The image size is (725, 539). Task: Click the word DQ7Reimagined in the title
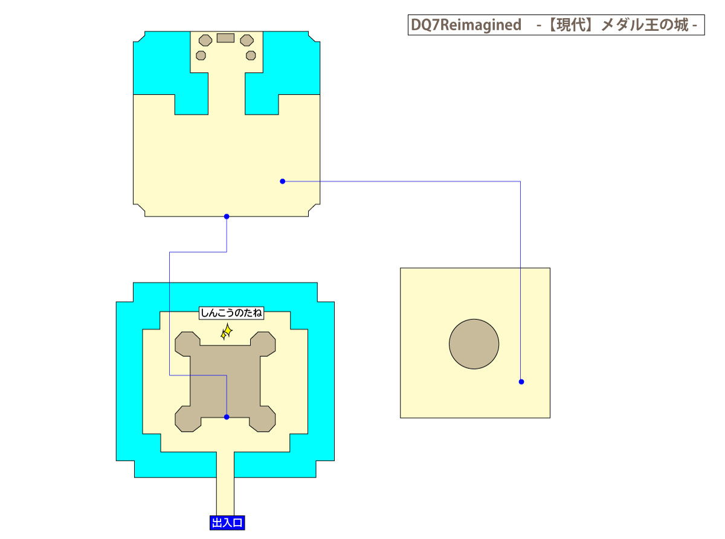tap(465, 25)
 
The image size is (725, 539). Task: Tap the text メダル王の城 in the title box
tap(645, 25)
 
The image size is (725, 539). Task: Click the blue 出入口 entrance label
tap(227, 523)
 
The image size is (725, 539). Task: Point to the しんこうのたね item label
tap(231, 313)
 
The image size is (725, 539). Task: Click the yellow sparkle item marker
tap(226, 331)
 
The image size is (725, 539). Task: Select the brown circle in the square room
tap(474, 344)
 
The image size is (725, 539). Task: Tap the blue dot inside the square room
tap(521, 381)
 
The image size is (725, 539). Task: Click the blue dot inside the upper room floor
tap(282, 181)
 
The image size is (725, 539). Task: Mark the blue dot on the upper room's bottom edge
tap(227, 216)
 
